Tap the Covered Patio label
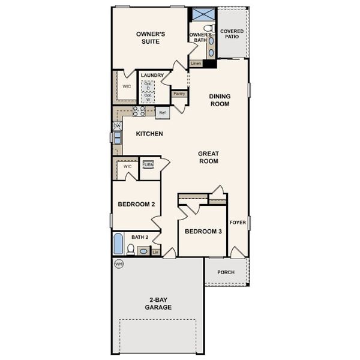coord(232,33)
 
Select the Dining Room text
coord(220,100)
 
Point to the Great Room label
coord(208,157)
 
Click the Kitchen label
coord(149,133)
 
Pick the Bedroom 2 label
coord(136,205)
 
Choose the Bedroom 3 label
coord(203,231)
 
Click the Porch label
coord(226,272)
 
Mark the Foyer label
coord(238,223)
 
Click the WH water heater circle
coord(118,263)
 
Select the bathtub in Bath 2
coord(118,244)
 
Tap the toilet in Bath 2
coord(131,249)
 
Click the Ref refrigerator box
coord(162,112)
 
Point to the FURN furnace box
coord(148,164)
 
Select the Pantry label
coord(179,94)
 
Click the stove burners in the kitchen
coord(139,111)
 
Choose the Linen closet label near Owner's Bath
coord(196,63)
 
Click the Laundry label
coord(152,76)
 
